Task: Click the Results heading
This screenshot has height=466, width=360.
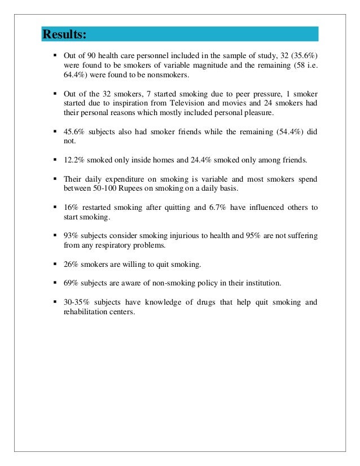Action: (65, 35)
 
